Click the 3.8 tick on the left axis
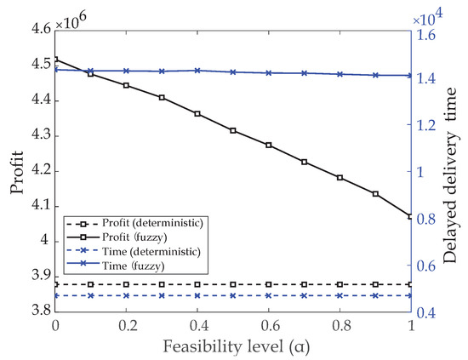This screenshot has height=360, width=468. coord(37,312)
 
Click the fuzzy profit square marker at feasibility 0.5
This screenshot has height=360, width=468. coord(233,130)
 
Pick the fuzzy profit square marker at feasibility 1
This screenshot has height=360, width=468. coord(411,216)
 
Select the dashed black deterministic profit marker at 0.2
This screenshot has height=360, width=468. coord(127,284)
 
